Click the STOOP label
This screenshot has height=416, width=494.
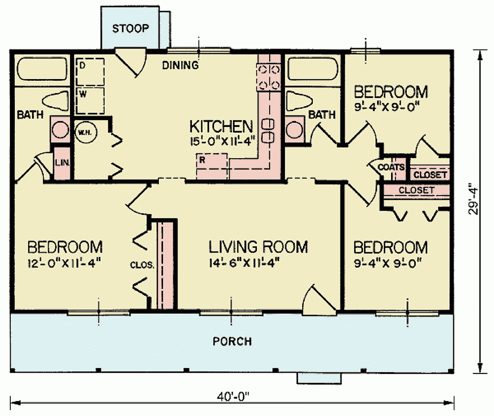click(130, 28)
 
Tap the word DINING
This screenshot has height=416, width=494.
click(180, 65)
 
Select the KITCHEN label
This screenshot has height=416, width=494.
click(221, 126)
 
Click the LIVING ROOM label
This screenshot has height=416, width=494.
click(258, 247)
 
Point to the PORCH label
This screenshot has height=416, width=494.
click(232, 341)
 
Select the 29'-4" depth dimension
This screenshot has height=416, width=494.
click(475, 200)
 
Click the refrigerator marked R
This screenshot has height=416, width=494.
click(212, 166)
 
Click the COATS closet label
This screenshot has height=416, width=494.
click(391, 168)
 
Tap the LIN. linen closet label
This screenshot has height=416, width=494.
click(63, 163)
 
